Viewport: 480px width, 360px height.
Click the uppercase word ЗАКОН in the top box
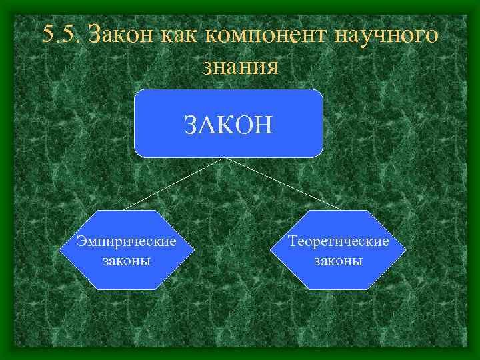[x=229, y=125]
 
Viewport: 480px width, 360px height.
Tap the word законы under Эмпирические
[x=127, y=259]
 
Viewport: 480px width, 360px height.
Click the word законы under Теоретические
[x=339, y=259]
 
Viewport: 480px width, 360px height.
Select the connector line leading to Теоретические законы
[x=283, y=183]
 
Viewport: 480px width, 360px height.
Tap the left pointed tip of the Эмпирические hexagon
[x=59, y=249]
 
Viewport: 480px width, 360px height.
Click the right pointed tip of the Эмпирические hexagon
[x=195, y=249]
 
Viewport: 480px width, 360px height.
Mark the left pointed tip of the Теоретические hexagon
[x=271, y=249]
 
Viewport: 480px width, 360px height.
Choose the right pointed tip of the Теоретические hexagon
[x=407, y=249]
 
